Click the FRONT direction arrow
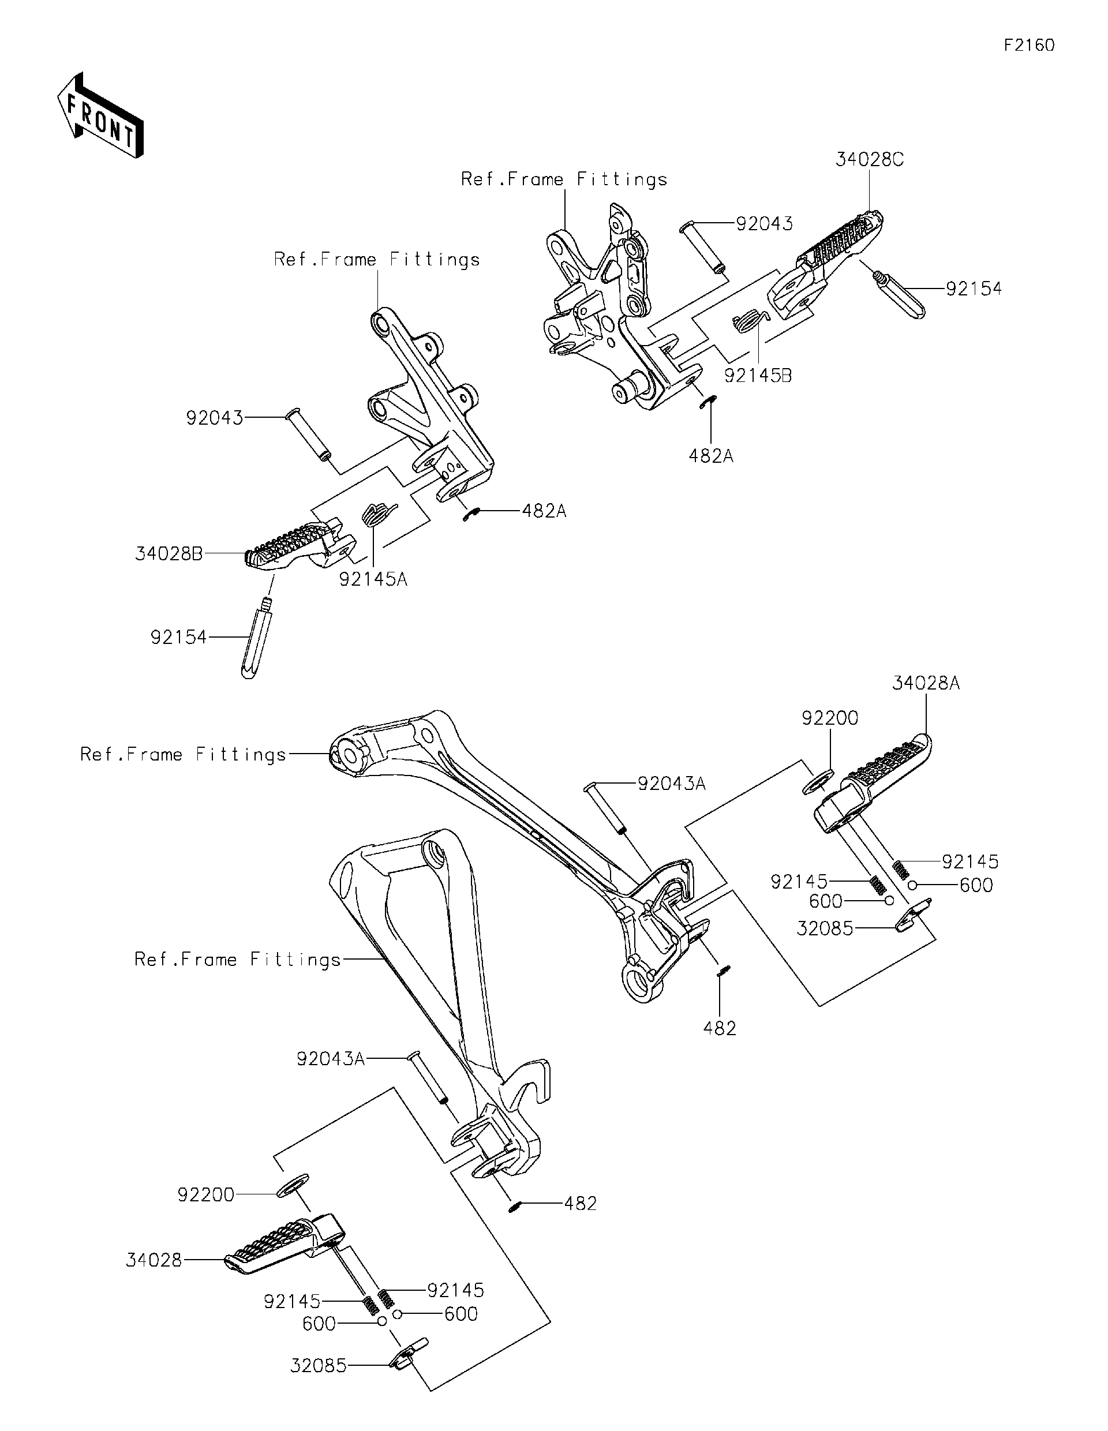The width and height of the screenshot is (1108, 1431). tap(100, 116)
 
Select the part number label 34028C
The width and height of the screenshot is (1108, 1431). tap(869, 160)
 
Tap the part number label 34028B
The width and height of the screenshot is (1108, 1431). tap(169, 555)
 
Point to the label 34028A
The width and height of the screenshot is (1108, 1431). tap(925, 683)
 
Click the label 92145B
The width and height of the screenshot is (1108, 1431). tap(758, 376)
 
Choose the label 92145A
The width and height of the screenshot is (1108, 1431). tap(373, 579)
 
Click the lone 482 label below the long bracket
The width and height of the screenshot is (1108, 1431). tap(720, 1029)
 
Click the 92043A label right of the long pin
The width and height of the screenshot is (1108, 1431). tap(672, 783)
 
